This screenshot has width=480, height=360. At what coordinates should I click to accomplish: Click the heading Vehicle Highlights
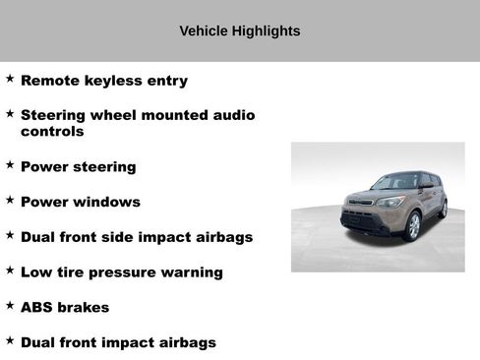click(239, 31)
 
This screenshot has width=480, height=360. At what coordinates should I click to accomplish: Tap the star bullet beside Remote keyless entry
click(10, 78)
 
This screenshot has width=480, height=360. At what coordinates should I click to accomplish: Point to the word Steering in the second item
click(55, 116)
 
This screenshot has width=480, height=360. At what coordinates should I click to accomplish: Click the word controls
click(52, 131)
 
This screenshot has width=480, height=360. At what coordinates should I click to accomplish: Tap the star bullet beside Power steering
click(10, 164)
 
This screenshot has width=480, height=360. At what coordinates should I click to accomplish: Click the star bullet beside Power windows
click(10, 199)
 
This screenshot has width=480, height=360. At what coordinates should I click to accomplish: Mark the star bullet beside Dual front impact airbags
click(10, 339)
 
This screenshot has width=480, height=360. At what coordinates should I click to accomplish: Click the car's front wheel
click(412, 227)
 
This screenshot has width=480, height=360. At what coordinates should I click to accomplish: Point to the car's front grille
click(360, 217)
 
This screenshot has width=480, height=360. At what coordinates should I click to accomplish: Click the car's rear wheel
click(443, 209)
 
